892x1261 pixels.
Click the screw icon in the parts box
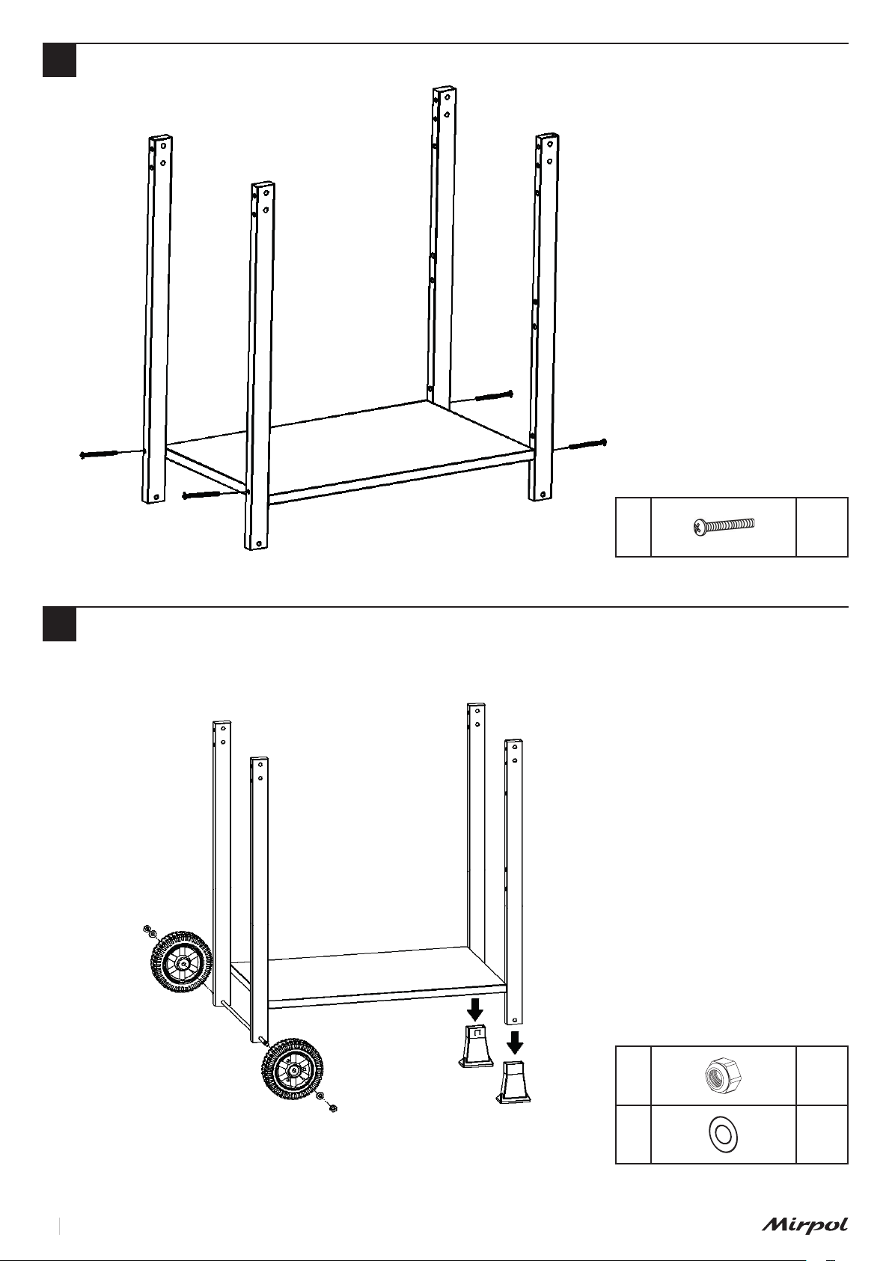pyautogui.click(x=724, y=526)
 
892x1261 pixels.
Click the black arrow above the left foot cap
pyautogui.click(x=475, y=1010)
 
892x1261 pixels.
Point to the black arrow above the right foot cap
pyautogui.click(x=514, y=1042)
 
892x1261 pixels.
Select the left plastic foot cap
pyautogui.click(x=475, y=1046)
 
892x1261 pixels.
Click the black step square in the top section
pyautogui.click(x=59, y=60)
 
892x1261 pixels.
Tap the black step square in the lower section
pyautogui.click(x=59, y=624)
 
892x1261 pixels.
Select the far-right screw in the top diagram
pyautogui.click(x=587, y=445)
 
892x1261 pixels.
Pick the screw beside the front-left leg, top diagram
pyautogui.click(x=201, y=495)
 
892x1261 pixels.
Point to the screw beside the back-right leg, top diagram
pyautogui.click(x=494, y=396)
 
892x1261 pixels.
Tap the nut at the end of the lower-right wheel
pyautogui.click(x=332, y=1108)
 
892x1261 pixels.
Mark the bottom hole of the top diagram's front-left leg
pyautogui.click(x=257, y=544)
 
